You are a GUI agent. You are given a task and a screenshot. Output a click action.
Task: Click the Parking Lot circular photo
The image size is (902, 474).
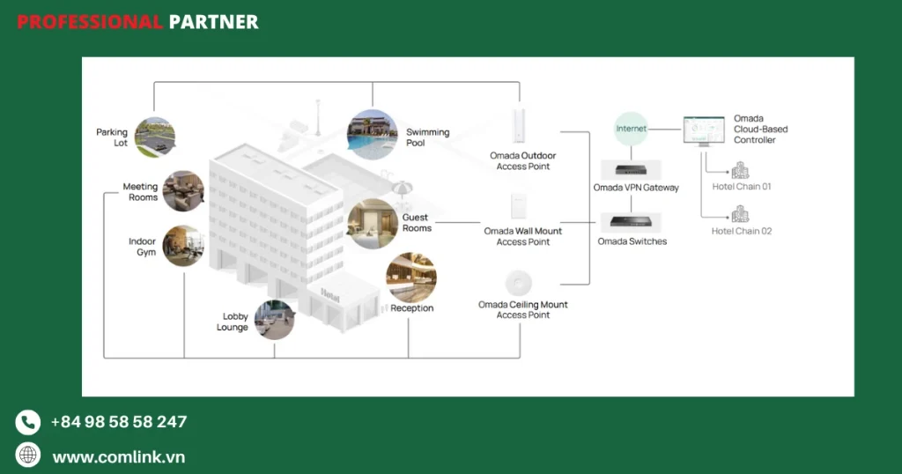[x=155, y=137]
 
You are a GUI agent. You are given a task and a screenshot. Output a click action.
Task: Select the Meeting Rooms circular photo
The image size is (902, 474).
[x=183, y=191]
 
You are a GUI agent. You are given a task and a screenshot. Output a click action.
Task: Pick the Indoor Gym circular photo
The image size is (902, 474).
[x=183, y=246]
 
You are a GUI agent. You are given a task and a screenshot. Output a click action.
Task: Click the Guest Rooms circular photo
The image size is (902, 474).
[x=373, y=223]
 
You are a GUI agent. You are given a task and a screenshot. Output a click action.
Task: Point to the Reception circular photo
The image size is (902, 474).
[x=411, y=278]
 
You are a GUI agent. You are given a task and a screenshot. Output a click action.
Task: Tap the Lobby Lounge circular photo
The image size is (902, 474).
[x=274, y=320]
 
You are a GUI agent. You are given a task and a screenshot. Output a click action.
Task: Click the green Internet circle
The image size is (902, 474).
[x=631, y=129]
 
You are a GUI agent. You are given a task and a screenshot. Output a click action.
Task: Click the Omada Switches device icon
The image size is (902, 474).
[x=632, y=223]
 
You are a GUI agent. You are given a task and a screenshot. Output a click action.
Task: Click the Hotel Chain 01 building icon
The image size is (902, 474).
[x=740, y=171]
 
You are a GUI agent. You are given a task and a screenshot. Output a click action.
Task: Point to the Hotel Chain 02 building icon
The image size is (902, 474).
[x=740, y=214]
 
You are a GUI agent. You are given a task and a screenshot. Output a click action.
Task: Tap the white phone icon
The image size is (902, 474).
[x=28, y=422]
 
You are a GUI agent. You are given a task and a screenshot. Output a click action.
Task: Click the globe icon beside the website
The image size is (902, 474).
[x=28, y=455]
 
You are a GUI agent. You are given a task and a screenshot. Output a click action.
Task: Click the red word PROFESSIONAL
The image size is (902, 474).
[x=89, y=22]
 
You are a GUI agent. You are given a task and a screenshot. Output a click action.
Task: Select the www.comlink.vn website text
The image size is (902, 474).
[x=118, y=457]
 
